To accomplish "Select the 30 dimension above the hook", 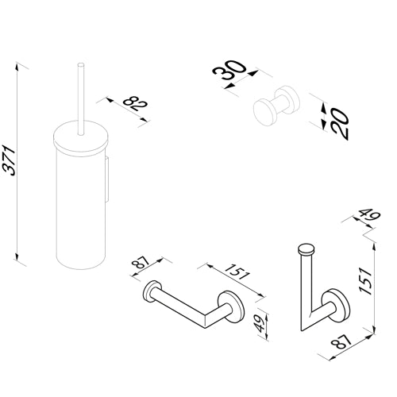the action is tap(229, 70).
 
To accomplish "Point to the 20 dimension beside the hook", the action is tap(340, 124).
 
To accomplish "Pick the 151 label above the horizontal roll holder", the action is tap(237, 272).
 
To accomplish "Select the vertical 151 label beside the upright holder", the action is tap(366, 281).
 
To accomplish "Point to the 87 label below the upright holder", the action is tap(341, 342).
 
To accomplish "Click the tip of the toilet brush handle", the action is tap(80, 64).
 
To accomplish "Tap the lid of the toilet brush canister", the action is tap(80, 137).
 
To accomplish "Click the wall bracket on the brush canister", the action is tap(106, 179).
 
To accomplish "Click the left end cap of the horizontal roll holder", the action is tap(152, 291).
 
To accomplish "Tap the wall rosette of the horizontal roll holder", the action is tap(231, 307).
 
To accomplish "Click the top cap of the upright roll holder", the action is tap(306, 249).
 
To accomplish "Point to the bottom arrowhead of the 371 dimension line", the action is tap(17, 256).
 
